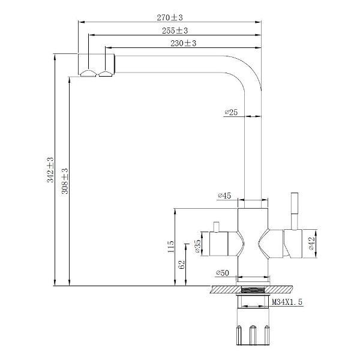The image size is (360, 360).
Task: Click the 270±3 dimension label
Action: (170, 17)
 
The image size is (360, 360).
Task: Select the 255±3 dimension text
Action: (175, 31)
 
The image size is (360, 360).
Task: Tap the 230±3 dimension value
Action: (184, 43)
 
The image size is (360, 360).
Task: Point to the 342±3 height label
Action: (50, 170)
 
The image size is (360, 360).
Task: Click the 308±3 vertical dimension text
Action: (65, 181)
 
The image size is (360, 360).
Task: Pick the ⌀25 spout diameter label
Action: (231, 112)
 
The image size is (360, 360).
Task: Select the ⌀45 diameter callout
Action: (224, 196)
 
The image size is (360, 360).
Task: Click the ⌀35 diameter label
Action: (198, 246)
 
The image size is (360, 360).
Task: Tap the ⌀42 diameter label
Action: (311, 244)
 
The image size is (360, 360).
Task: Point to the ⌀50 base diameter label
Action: (223, 273)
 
